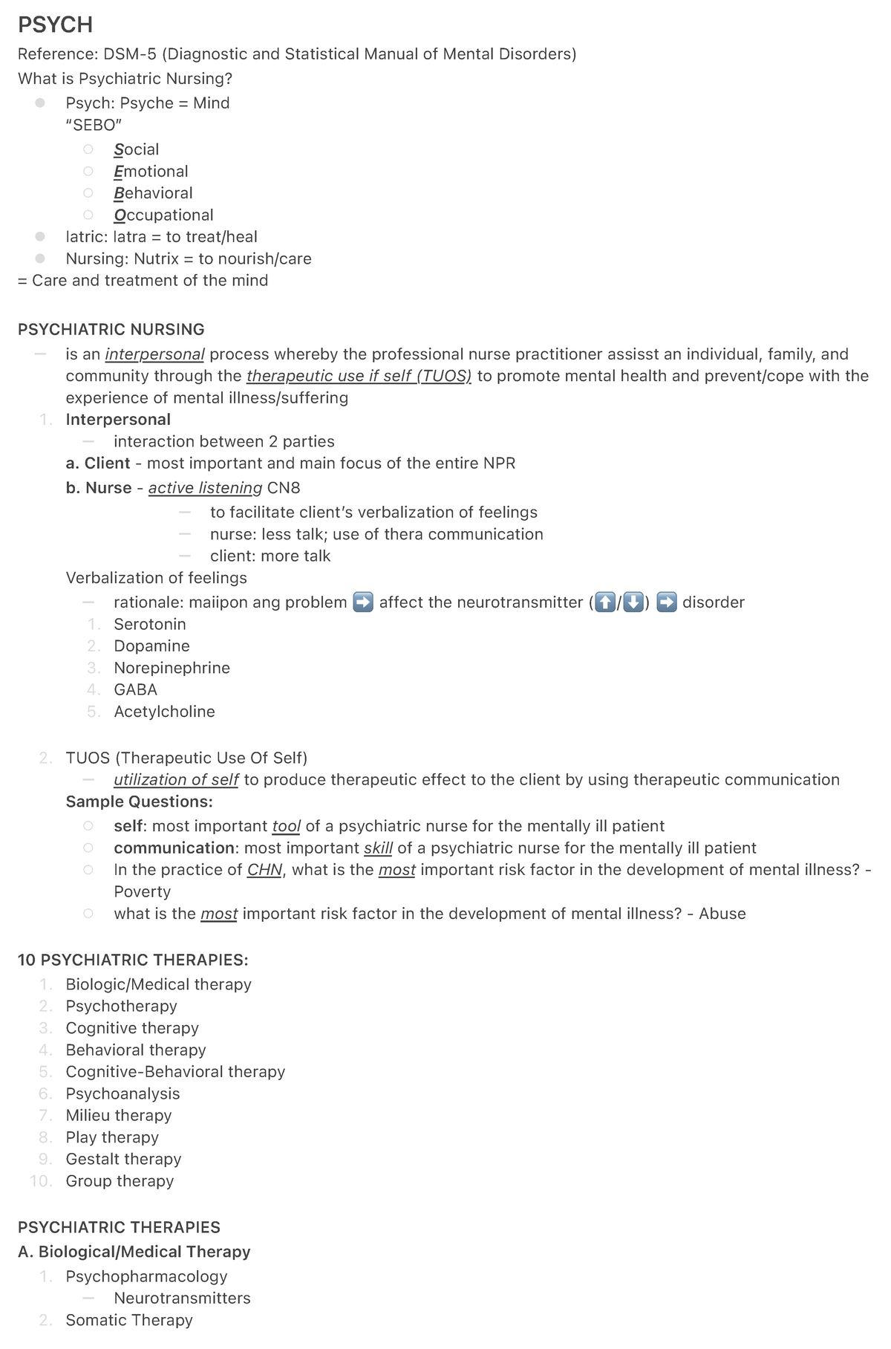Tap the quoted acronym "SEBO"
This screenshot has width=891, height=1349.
94,125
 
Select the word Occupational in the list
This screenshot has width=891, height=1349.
163,215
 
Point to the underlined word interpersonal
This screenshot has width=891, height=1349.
154,354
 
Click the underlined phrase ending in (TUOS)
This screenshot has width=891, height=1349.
359,376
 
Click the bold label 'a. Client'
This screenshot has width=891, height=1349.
98,464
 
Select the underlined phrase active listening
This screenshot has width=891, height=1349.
205,488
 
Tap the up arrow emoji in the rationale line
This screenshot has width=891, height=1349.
606,602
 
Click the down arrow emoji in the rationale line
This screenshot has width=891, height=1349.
633,602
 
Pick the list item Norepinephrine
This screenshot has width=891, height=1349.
172,668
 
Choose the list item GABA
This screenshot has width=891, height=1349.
135,690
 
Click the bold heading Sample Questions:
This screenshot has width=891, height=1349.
139,802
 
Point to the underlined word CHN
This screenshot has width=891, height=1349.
264,870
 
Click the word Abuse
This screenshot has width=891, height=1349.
722,914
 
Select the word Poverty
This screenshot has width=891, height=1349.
142,892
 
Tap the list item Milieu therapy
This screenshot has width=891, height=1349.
119,1116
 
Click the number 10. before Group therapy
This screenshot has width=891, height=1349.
41,1181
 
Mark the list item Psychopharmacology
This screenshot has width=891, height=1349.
146,1277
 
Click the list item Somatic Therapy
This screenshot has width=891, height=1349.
129,1320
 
